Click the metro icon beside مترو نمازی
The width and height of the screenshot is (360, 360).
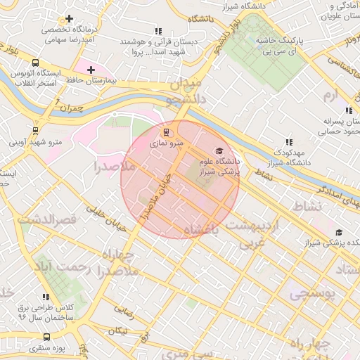pyautogui.click(x=167, y=131)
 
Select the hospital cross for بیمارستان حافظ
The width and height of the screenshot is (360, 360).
pyautogui.click(x=91, y=70)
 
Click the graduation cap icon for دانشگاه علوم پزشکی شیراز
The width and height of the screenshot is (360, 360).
pyautogui.click(x=218, y=151)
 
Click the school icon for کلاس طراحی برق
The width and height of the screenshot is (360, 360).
pyautogui.click(x=46, y=297)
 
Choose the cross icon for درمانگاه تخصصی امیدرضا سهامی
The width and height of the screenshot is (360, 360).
pyautogui.click(x=69, y=19)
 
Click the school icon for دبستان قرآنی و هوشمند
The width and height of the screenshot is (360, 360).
pyautogui.click(x=158, y=31)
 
